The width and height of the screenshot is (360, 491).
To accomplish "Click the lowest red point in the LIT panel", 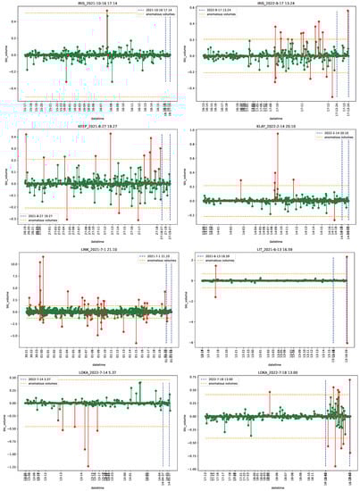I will [348, 342].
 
